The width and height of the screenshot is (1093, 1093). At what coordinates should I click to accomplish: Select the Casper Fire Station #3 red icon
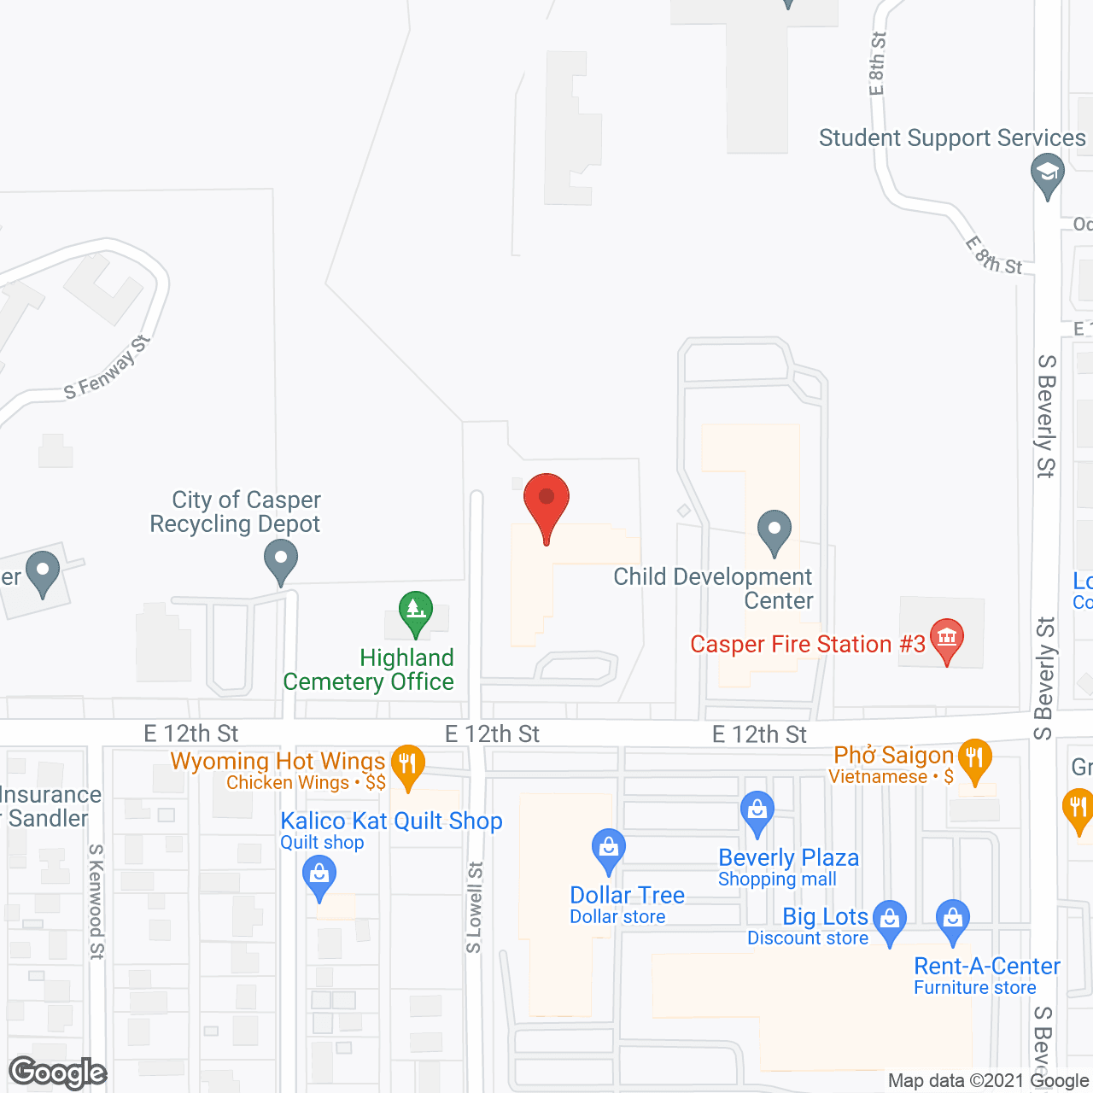point(946,640)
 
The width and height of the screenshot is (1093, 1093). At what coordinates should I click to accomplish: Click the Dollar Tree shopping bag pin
point(608,850)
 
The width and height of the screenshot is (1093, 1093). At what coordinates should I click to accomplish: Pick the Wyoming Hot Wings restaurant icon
point(408,764)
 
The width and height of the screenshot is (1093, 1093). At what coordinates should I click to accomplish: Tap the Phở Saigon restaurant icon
point(974,759)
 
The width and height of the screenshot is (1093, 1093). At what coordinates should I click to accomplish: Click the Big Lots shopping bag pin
point(890,921)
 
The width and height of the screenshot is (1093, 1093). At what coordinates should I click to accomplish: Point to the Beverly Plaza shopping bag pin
point(757,811)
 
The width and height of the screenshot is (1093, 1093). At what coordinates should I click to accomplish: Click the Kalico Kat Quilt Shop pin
point(319,877)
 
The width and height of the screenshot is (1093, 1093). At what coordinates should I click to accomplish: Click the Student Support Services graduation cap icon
point(1048,174)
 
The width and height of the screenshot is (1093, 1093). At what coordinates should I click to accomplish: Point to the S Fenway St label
point(107,368)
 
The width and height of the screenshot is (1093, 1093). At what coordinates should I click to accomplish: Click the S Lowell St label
point(475,907)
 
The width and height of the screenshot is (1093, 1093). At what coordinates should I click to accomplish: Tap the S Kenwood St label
point(96,901)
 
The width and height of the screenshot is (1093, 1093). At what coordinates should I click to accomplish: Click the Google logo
point(58,1073)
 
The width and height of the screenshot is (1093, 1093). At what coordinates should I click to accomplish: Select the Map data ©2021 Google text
point(988,1081)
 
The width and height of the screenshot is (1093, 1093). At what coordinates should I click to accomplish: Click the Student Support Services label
point(952,137)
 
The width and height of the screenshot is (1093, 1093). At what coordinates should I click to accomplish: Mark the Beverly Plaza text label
point(788,857)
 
